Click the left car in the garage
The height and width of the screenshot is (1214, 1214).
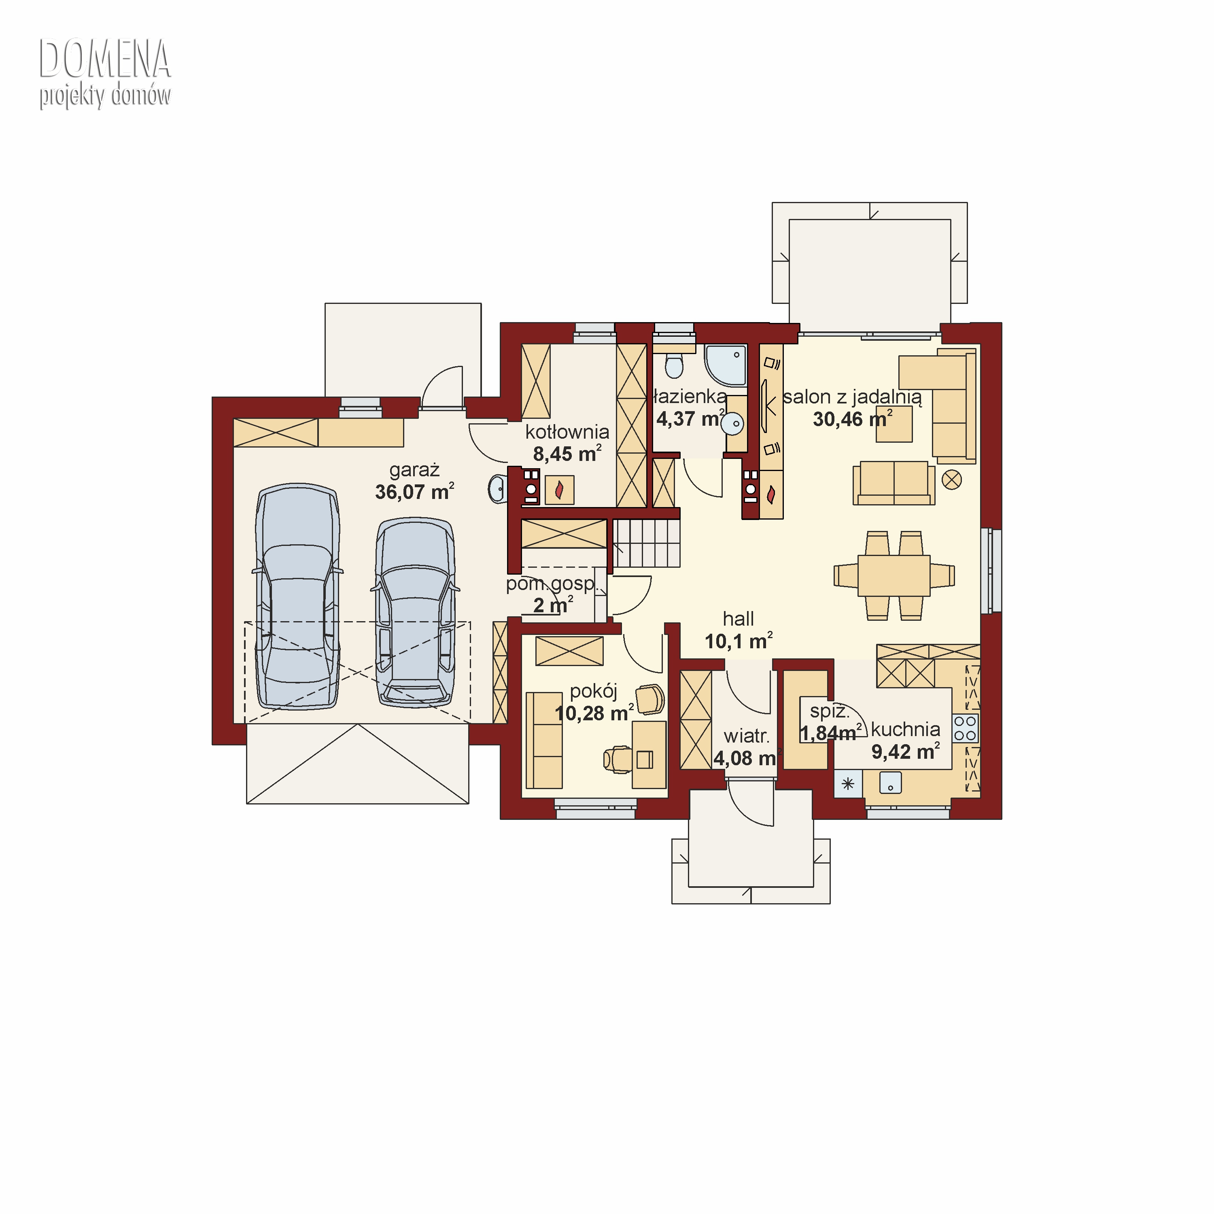click(x=297, y=596)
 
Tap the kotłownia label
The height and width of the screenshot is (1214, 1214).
click(x=567, y=432)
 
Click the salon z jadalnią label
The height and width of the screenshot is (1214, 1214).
click(x=852, y=397)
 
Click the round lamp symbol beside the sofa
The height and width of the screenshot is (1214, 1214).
click(x=952, y=480)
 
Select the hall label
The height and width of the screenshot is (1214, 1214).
click(x=739, y=619)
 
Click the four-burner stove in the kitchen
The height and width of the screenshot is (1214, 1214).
click(x=965, y=729)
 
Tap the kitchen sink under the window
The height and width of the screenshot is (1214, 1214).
click(x=890, y=783)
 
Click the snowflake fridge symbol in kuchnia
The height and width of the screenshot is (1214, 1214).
click(x=848, y=783)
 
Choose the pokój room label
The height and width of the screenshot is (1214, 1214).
click(x=594, y=691)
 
